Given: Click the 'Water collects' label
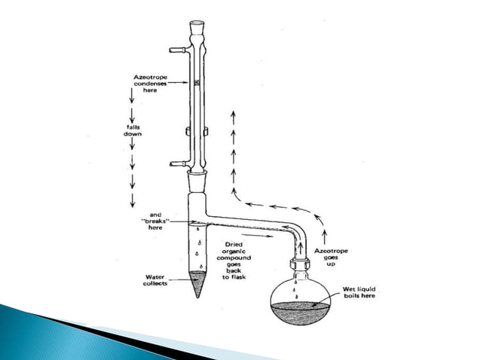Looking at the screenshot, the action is (x=160, y=280).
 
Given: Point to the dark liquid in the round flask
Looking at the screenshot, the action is (x=304, y=311).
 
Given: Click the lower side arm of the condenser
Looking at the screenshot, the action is (x=179, y=162).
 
